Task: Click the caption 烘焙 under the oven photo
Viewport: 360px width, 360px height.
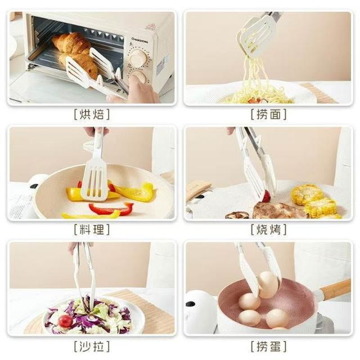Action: [92, 114]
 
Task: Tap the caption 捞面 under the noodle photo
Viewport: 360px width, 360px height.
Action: [268, 114]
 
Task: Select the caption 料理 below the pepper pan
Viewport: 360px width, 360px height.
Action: [92, 229]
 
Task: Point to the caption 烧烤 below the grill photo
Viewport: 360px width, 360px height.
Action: [268, 229]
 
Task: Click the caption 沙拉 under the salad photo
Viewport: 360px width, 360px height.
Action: [92, 346]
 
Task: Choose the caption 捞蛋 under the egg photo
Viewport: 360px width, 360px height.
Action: [268, 346]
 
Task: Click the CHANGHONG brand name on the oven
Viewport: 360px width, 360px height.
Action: [140, 40]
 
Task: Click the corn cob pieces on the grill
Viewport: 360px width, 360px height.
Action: [315, 201]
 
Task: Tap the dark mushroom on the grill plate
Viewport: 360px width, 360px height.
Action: [237, 215]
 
